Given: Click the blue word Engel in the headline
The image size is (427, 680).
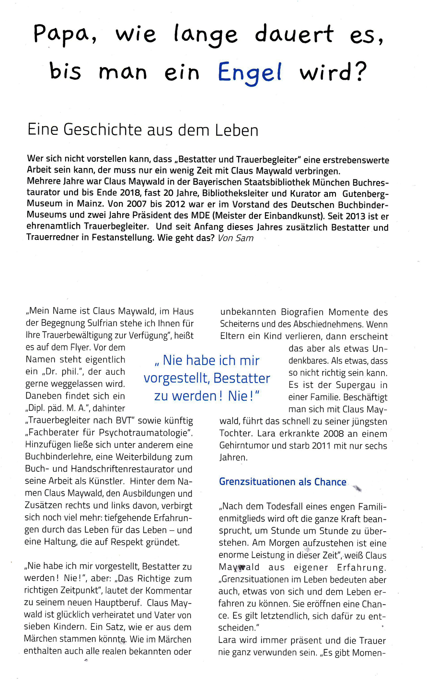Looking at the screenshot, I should pyautogui.click(x=249, y=72).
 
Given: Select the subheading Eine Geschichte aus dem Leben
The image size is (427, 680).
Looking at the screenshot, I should pyautogui.click(x=143, y=130).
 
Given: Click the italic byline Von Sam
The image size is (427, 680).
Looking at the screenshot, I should pyautogui.click(x=235, y=238).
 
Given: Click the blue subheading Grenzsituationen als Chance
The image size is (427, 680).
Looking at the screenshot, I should pyautogui.click(x=282, y=482).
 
